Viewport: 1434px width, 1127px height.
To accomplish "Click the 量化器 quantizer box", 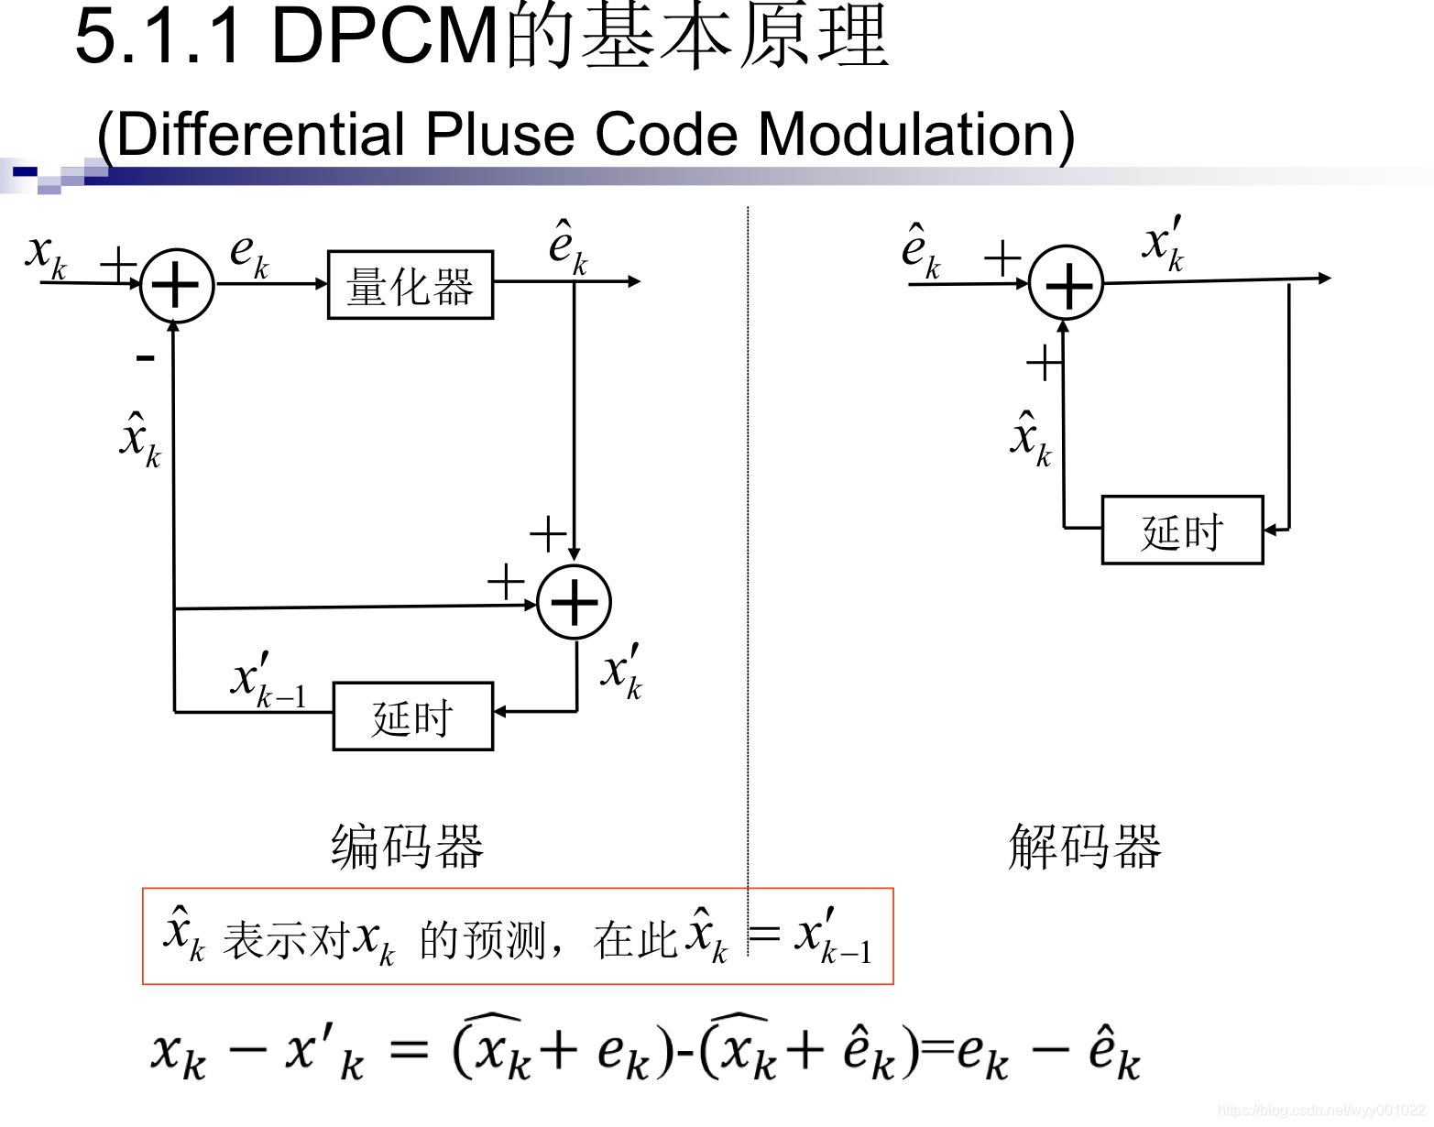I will pyautogui.click(x=410, y=285).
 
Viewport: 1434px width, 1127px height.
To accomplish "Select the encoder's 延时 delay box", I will pyautogui.click(x=412, y=717).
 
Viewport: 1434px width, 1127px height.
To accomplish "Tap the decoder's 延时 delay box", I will pyautogui.click(x=1182, y=531).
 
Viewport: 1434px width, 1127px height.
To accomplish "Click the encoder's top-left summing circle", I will pyautogui.click(x=176, y=285).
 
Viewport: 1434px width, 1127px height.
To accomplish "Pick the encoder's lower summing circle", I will pyautogui.click(x=574, y=602).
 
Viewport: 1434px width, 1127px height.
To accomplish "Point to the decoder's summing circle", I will pyautogui.click(x=1066, y=283).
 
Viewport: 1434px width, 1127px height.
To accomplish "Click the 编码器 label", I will pyautogui.click(x=407, y=846).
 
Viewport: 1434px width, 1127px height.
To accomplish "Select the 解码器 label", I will pyautogui.click(x=1085, y=846).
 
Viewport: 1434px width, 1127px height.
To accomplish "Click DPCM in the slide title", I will pyautogui.click(x=386, y=37).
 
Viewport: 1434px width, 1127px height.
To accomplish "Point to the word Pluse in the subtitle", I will pyautogui.click(x=503, y=135).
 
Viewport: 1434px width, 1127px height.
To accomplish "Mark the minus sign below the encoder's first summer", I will pyautogui.click(x=145, y=357).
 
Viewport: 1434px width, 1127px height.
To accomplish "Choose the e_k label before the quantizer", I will pyautogui.click(x=248, y=254).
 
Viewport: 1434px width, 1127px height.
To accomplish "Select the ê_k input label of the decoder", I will pyautogui.click(x=920, y=250).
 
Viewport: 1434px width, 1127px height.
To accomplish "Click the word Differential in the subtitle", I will pyautogui.click(x=261, y=135).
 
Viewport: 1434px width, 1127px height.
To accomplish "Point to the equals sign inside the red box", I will pyautogui.click(x=764, y=935).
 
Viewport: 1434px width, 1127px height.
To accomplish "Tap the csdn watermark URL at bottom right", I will pyautogui.click(x=1320, y=1111).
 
